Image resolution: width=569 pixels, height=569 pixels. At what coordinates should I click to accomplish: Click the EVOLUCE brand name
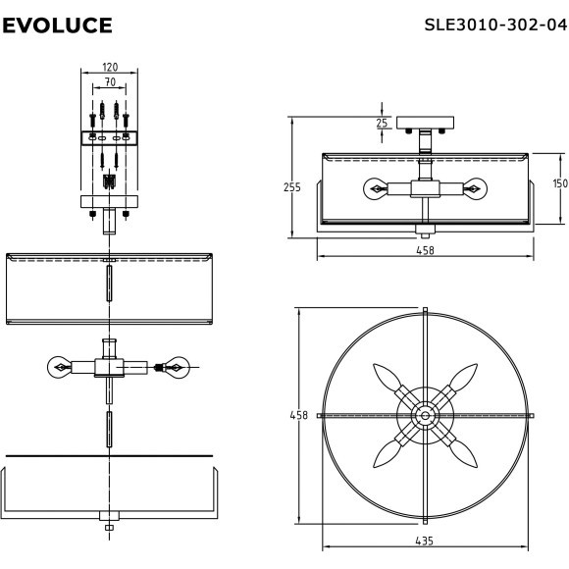click(x=57, y=26)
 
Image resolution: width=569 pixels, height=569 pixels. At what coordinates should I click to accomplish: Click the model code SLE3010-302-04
click(x=495, y=26)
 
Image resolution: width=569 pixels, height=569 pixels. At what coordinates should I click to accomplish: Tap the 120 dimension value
click(x=110, y=67)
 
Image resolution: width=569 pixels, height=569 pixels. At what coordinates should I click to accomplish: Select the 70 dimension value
click(x=110, y=82)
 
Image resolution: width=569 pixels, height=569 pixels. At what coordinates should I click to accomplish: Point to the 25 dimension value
click(x=382, y=123)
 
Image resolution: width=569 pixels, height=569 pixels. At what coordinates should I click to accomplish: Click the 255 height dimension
click(x=292, y=187)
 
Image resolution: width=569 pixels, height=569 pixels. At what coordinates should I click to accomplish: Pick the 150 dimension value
click(x=560, y=183)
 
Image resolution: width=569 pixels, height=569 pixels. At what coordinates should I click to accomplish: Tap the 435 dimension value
click(x=424, y=542)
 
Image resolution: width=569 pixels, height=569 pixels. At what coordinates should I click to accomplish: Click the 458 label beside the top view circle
click(x=298, y=415)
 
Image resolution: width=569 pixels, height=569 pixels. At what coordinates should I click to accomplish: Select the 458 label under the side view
click(x=425, y=250)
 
